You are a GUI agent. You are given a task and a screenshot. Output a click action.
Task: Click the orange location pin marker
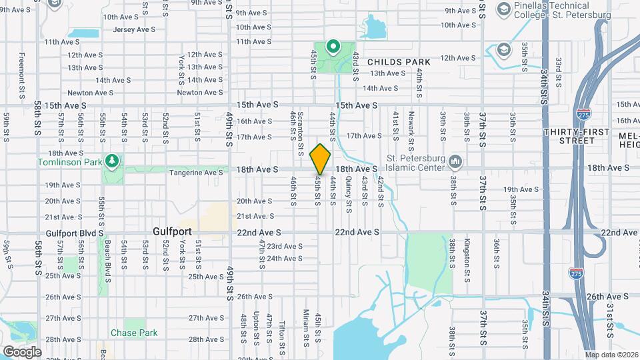click(x=320, y=159)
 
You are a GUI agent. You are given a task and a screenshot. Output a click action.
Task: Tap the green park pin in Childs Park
click(x=333, y=47)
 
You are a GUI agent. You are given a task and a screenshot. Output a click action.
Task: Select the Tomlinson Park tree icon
click(x=113, y=161)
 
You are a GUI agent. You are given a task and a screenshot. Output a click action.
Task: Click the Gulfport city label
click(x=172, y=231)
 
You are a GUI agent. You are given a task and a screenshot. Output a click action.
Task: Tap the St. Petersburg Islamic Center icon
click(x=456, y=161)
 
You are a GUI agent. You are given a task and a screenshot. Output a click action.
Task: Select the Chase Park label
click(x=134, y=333)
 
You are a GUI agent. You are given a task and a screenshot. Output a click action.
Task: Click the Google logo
click(x=22, y=351)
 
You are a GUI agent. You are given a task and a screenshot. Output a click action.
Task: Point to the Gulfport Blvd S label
click(x=75, y=233)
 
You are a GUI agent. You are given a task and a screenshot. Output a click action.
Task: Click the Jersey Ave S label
click(x=134, y=29)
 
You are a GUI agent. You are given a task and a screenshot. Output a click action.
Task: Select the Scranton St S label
click(x=301, y=127)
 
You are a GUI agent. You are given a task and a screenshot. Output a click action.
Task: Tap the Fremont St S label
click(x=22, y=76)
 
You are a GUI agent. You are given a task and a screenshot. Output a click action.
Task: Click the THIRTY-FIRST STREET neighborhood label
click(x=577, y=136)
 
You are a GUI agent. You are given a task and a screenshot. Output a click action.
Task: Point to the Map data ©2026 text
click(x=611, y=355)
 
